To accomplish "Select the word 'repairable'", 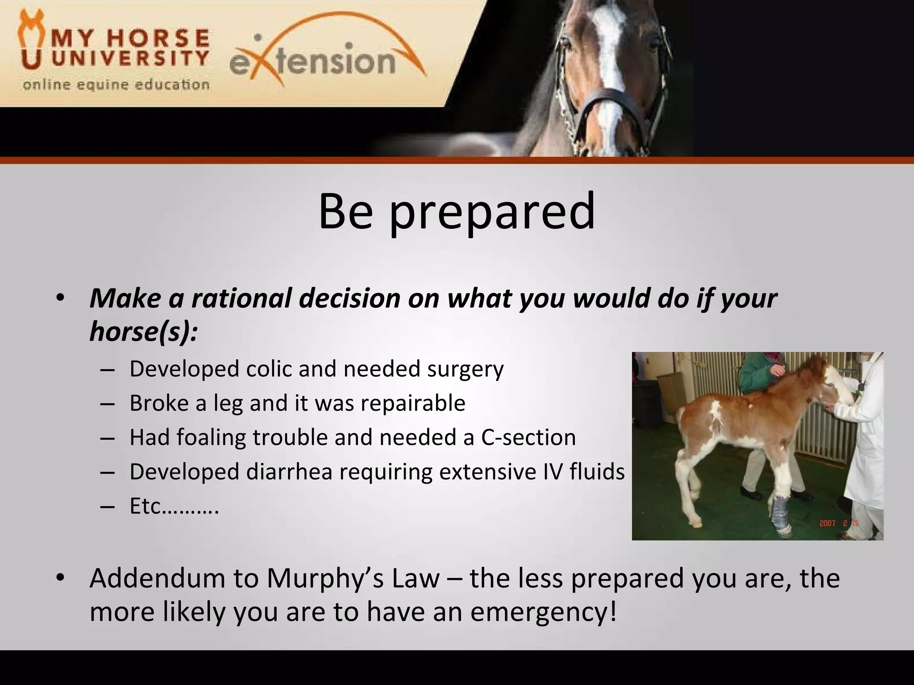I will tap(413, 403).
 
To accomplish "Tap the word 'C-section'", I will tap(528, 437).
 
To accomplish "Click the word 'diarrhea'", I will tap(289, 472).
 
